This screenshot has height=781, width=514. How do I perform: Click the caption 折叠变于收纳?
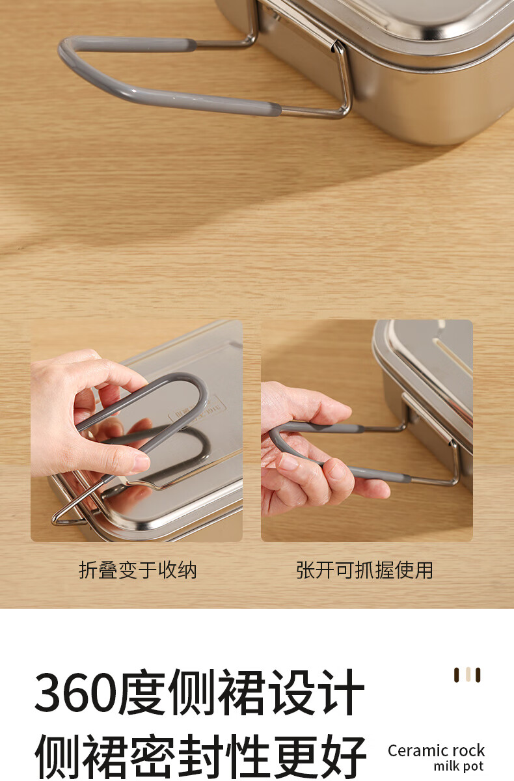(138, 570)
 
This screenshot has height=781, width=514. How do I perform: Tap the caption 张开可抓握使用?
(364, 570)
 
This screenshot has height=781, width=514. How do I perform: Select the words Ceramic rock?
(436, 750)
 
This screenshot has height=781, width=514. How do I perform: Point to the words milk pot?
(459, 765)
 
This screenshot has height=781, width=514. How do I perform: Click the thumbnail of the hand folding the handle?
(137, 431)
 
